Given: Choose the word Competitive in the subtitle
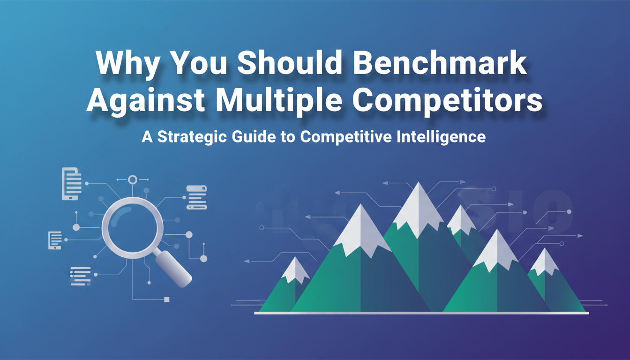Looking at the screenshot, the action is point(346,137).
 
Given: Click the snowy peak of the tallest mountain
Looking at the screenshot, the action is point(418,210).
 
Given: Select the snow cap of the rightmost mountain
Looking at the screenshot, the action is point(545,262).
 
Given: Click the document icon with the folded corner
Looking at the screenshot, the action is point(71,184).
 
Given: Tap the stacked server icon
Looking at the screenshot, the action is point(196,197).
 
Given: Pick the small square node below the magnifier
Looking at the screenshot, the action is point(167,300).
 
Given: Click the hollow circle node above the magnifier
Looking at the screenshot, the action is point(133,180).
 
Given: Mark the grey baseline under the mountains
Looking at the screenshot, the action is point(421,313).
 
